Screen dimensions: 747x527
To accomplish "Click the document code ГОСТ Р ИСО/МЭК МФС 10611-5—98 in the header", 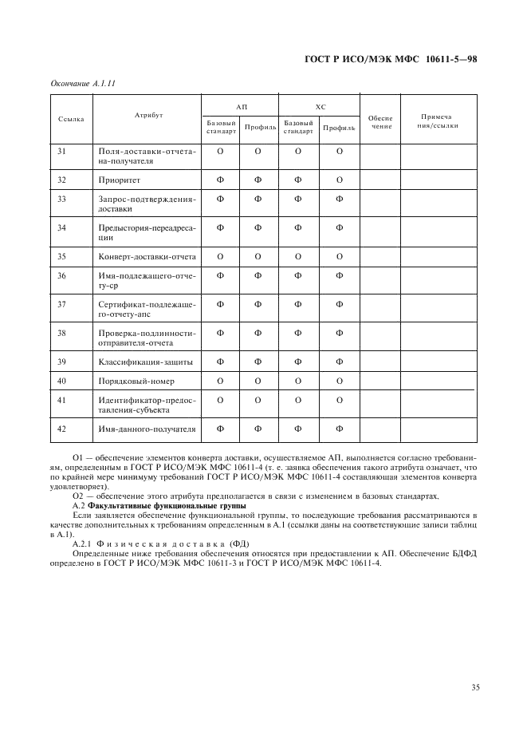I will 397,60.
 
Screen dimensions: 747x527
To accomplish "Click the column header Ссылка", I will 71,118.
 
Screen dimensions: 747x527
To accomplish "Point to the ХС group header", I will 320,105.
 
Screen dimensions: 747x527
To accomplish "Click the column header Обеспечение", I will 380,122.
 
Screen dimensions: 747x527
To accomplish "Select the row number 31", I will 61,150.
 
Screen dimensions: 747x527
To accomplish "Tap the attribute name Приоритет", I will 121,180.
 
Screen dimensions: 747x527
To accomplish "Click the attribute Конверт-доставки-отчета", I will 147,256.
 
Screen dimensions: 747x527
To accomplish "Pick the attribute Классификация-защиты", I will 144,362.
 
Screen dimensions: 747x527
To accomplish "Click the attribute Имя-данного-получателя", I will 147,429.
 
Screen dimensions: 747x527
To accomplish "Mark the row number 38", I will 61,332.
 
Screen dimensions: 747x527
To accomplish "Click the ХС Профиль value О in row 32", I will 339,180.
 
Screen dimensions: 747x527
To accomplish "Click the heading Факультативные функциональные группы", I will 159,506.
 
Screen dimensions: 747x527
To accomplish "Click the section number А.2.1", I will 83,543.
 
